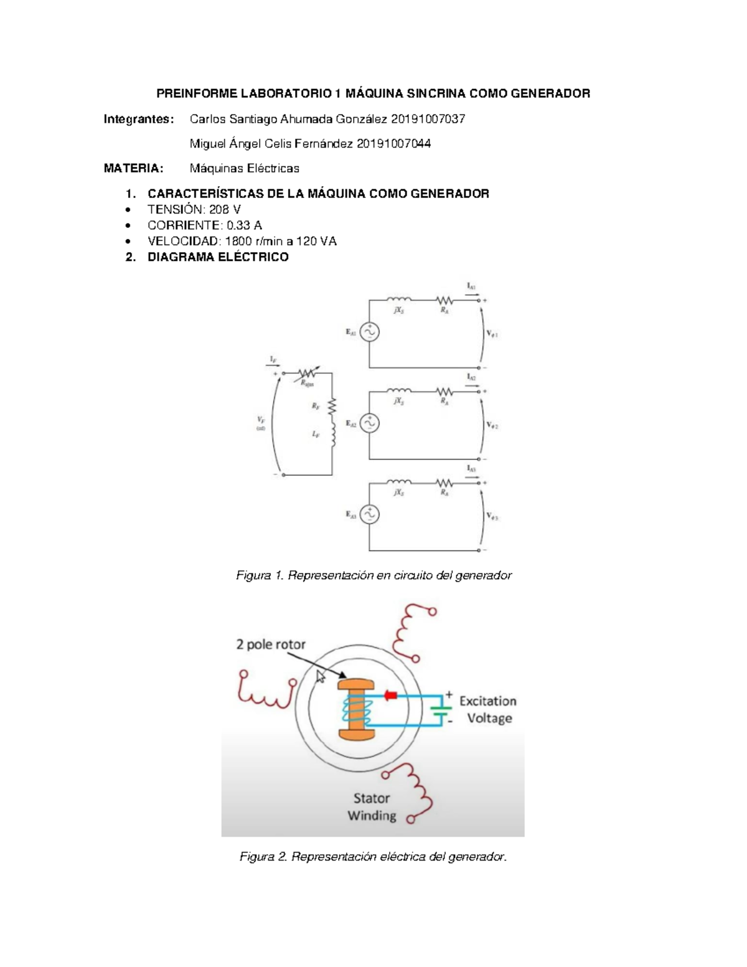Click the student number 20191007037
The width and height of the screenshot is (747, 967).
(x=428, y=119)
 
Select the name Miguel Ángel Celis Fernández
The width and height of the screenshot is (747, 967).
(x=271, y=144)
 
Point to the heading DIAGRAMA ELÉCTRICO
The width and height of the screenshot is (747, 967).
(x=218, y=257)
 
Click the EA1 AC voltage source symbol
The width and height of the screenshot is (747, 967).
(x=369, y=333)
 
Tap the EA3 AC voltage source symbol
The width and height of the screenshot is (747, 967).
(x=369, y=515)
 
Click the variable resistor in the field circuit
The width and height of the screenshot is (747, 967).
(x=306, y=374)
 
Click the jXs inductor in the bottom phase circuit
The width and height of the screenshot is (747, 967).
(x=399, y=483)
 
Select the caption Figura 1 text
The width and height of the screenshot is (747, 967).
(x=374, y=575)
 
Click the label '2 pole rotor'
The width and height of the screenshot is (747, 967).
(x=271, y=644)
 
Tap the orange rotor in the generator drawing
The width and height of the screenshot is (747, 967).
(x=355, y=709)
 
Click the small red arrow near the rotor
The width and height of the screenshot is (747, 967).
(x=391, y=695)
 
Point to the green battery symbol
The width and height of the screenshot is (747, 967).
(x=442, y=710)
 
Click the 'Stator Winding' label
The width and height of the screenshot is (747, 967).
(x=372, y=807)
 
